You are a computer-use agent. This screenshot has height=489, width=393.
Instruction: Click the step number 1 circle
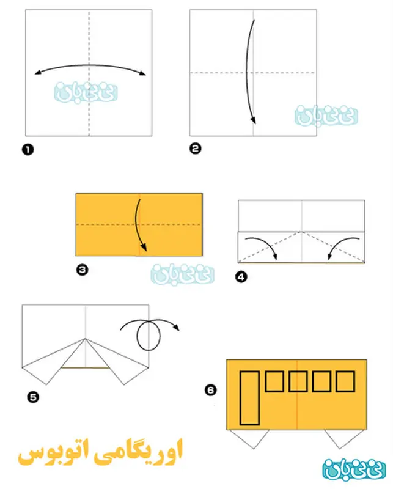(x=28, y=150)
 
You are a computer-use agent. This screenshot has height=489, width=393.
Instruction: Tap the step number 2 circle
(x=195, y=148)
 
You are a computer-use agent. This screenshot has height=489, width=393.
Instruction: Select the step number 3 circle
(x=83, y=270)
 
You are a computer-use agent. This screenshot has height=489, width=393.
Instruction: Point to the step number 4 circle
(x=241, y=277)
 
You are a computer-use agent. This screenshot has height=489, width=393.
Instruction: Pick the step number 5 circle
(x=33, y=397)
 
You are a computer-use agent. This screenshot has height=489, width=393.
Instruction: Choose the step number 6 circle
(x=210, y=390)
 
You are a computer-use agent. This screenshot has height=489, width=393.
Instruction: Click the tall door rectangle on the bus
(x=249, y=398)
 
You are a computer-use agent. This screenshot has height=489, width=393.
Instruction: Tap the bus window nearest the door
(x=274, y=381)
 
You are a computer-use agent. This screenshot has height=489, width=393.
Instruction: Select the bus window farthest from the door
(x=345, y=381)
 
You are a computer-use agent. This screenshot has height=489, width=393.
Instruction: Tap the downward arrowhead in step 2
(x=254, y=120)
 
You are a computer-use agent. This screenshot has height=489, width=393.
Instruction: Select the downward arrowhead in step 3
(x=144, y=248)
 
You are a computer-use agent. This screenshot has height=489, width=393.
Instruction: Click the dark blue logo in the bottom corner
(x=354, y=469)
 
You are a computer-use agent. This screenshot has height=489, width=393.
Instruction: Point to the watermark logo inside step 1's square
(x=86, y=92)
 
